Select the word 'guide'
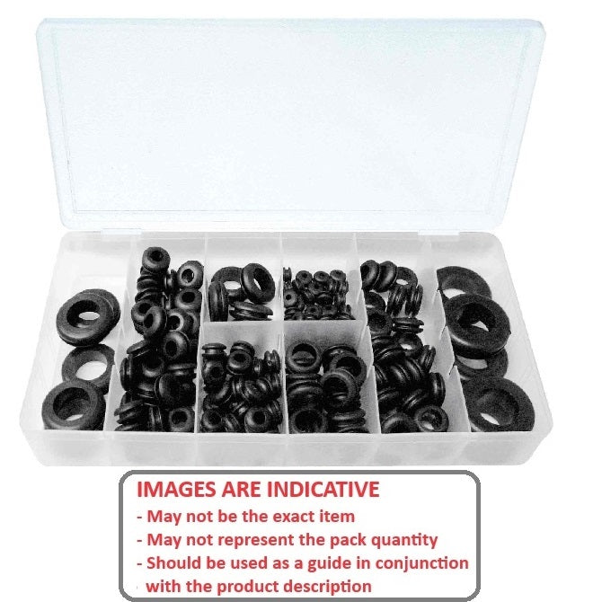[x=313, y=563]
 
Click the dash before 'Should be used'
[x=139, y=563]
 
